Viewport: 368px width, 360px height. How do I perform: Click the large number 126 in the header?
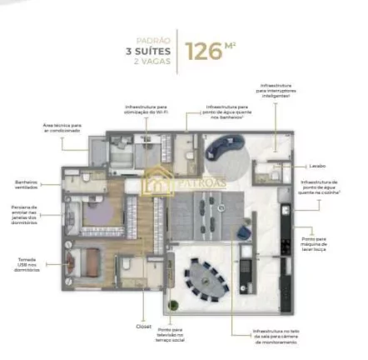(204, 50)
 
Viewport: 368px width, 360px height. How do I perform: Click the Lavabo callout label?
(316, 166)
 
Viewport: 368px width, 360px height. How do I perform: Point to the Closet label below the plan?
(143, 326)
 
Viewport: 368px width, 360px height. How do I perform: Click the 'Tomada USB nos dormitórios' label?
(26, 264)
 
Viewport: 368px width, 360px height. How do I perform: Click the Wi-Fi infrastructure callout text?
(146, 109)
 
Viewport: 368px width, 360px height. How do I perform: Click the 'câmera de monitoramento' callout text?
(276, 336)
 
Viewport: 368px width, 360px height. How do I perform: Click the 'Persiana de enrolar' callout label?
(24, 214)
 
